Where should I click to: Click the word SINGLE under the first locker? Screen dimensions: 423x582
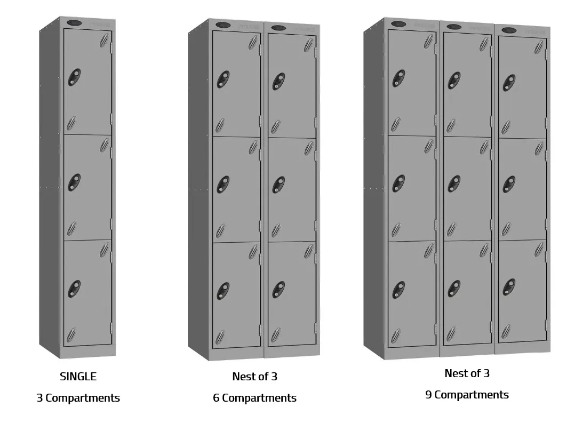tap(78, 377)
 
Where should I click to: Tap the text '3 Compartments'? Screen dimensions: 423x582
tap(78, 398)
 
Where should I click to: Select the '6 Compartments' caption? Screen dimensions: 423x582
tap(254, 398)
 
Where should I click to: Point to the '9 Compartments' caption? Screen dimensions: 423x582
tap(467, 395)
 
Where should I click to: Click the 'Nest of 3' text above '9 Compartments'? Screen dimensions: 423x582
tap(467, 373)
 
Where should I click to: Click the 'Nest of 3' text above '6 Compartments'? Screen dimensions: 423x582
tap(254, 377)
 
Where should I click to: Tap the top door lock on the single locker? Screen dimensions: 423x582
tap(74, 77)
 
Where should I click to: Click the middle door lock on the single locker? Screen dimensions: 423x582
tap(74, 183)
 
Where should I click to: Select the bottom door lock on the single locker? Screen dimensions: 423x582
tap(74, 289)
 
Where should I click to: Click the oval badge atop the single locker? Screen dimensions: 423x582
tap(75, 23)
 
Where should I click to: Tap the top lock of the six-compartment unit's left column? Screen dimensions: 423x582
tap(223, 80)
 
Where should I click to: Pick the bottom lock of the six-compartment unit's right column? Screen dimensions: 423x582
tap(278, 290)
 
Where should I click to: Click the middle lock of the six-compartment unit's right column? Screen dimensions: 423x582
tap(278, 185)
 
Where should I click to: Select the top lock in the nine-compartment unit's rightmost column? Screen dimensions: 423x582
tap(509, 83)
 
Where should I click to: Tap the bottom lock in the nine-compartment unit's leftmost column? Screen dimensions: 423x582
tap(398, 290)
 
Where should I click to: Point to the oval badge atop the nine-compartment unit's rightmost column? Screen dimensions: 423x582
tap(509, 30)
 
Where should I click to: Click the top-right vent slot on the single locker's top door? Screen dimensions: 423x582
tap(105, 41)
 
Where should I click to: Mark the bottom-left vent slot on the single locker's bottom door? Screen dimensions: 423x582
tap(71, 335)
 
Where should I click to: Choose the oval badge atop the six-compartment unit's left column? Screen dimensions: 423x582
tap(224, 25)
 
